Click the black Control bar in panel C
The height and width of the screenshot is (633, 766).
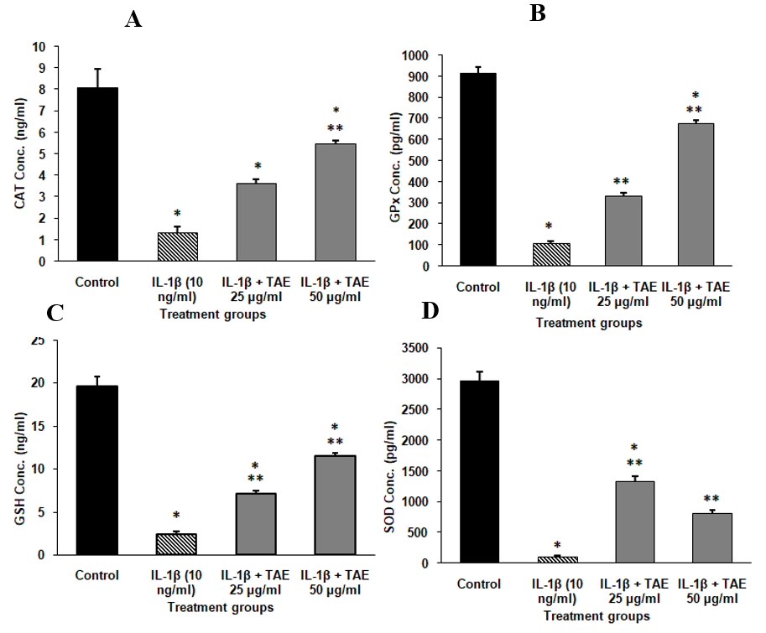point(97,470)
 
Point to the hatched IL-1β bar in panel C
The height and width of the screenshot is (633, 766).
point(177,543)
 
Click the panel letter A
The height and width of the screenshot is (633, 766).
point(133,20)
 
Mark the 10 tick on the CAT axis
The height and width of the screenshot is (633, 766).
point(39,46)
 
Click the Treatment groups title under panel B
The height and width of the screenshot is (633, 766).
point(589,322)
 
